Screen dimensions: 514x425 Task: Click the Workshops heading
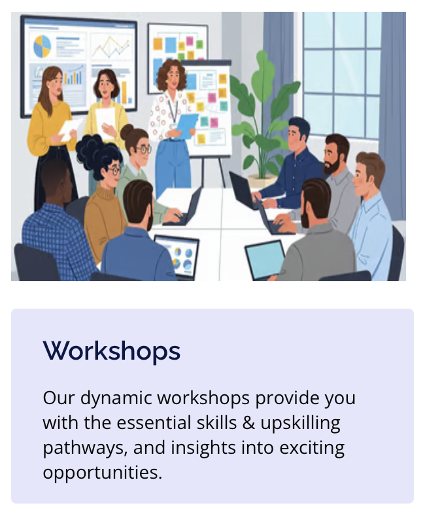(x=112, y=351)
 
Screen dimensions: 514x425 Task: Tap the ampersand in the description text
(x=249, y=423)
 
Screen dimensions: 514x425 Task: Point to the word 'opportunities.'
(x=102, y=472)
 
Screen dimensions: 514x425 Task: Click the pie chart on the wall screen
(x=42, y=46)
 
